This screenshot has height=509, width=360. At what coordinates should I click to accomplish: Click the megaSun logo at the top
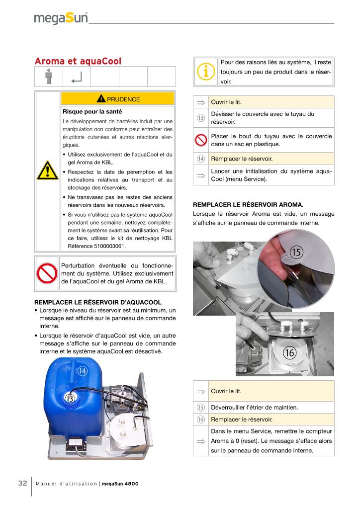coord(61,18)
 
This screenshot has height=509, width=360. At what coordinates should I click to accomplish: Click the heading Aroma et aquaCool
coord(78,61)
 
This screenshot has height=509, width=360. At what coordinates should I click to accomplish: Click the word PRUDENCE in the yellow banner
coord(123,99)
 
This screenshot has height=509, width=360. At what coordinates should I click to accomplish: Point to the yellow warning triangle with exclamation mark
coord(47,172)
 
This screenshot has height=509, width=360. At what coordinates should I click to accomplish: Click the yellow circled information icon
coord(205,72)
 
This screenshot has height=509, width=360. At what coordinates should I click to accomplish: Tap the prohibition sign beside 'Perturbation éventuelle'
coord(47,273)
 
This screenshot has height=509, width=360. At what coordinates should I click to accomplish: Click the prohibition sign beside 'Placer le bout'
coord(201,140)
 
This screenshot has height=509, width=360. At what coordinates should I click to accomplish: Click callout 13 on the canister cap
coord(70,398)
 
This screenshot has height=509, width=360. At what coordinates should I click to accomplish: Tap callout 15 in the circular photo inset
coord(296,253)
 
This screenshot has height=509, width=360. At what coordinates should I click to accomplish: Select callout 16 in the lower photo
coord(290,353)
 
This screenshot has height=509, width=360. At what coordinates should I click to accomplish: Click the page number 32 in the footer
coord(22,484)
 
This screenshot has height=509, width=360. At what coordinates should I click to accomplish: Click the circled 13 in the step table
coord(201,118)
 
